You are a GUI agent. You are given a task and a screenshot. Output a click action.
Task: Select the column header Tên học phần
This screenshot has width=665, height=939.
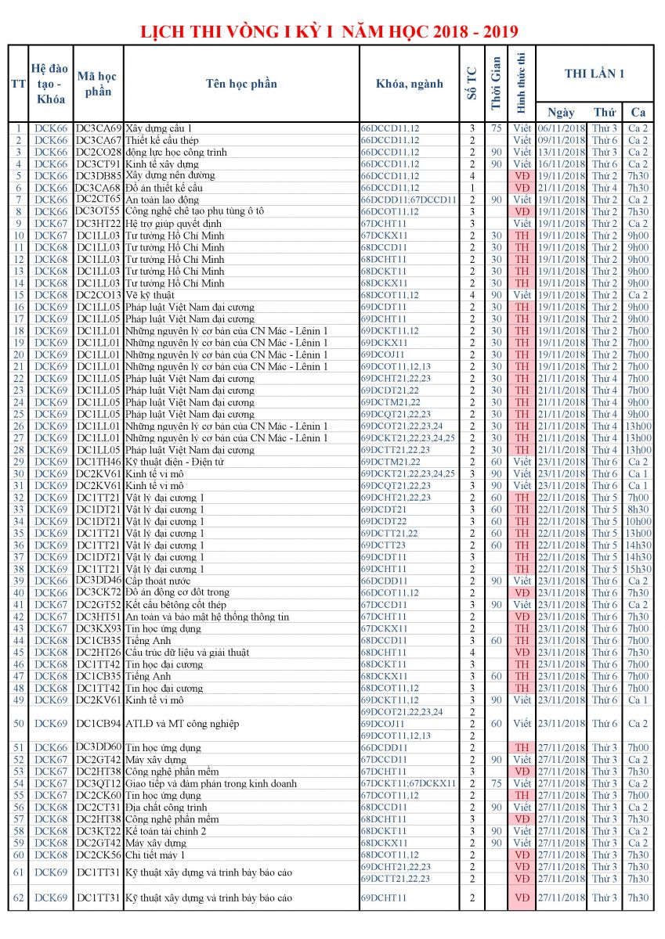click(x=241, y=84)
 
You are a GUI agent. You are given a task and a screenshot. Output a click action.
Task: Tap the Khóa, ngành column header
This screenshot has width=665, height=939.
click(x=409, y=84)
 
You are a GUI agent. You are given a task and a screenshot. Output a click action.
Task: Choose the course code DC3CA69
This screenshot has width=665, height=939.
click(x=99, y=128)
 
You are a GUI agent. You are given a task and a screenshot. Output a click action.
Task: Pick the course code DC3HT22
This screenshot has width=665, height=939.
click(x=99, y=224)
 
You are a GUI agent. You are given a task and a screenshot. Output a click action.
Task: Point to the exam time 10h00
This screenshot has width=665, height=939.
click(x=638, y=521)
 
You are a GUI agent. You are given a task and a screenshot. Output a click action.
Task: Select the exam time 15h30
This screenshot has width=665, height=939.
click(x=638, y=569)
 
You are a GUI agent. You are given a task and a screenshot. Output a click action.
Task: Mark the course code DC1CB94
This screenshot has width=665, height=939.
click(x=99, y=724)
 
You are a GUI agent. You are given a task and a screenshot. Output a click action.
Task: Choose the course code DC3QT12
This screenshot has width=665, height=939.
click(x=99, y=783)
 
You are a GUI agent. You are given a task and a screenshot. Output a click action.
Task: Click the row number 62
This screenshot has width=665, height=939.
click(x=18, y=898)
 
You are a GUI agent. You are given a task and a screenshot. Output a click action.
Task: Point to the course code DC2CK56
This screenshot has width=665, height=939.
click(x=99, y=854)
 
